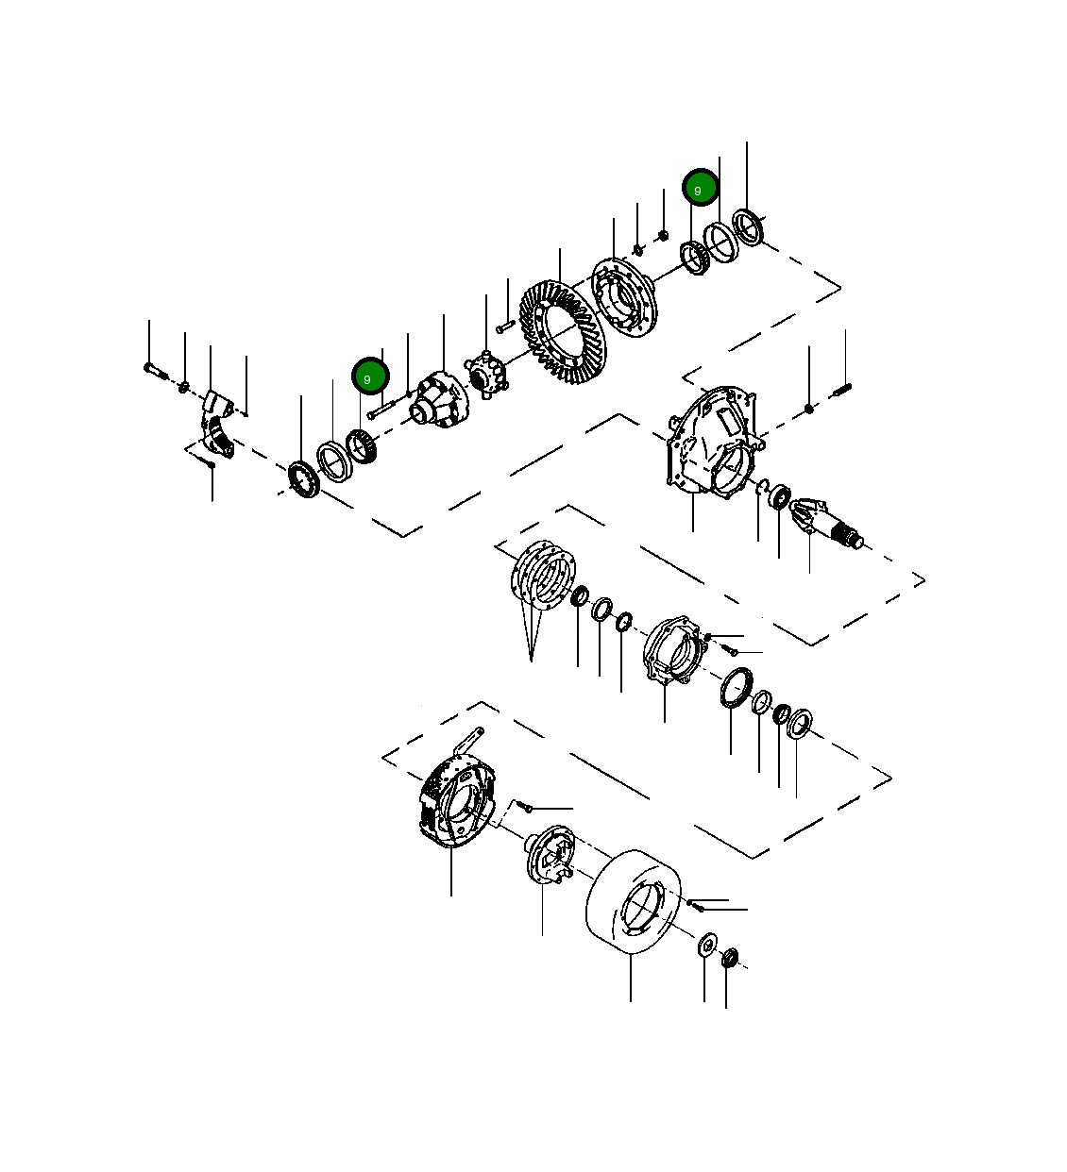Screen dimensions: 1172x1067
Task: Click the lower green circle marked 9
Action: pyautogui.click(x=370, y=376)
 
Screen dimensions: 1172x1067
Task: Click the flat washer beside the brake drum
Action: pyautogui.click(x=705, y=945)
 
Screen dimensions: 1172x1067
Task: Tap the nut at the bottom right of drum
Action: pyautogui.click(x=728, y=959)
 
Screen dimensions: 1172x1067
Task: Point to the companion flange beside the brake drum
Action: pyautogui.click(x=550, y=856)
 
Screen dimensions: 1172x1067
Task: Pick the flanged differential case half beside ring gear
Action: pyautogui.click(x=623, y=295)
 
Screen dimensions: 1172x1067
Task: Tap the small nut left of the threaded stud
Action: pyautogui.click(x=809, y=409)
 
